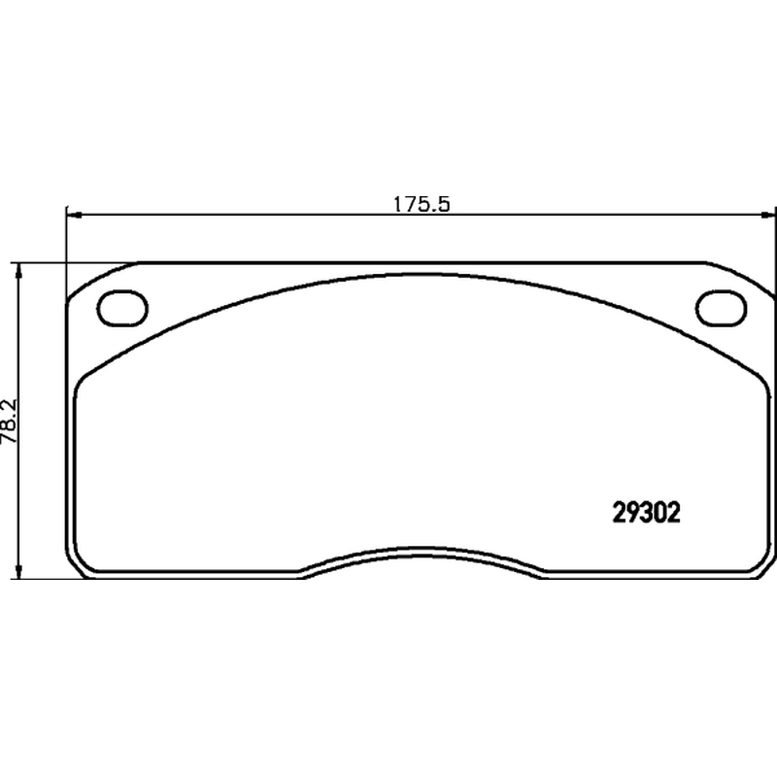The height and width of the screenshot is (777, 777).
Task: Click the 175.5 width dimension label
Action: coord(422,204)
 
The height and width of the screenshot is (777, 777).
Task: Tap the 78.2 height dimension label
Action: coord(10,421)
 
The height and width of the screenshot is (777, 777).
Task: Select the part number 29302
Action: coord(646,513)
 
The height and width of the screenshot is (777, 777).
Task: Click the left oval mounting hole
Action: coord(122,308)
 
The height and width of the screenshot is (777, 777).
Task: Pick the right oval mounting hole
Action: coord(721,308)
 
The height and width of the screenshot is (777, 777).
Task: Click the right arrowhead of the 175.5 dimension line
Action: coord(767,215)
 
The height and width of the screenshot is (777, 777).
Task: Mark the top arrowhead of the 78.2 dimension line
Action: coord(18,271)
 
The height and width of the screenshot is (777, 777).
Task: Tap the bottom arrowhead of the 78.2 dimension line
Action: coord(18,571)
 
